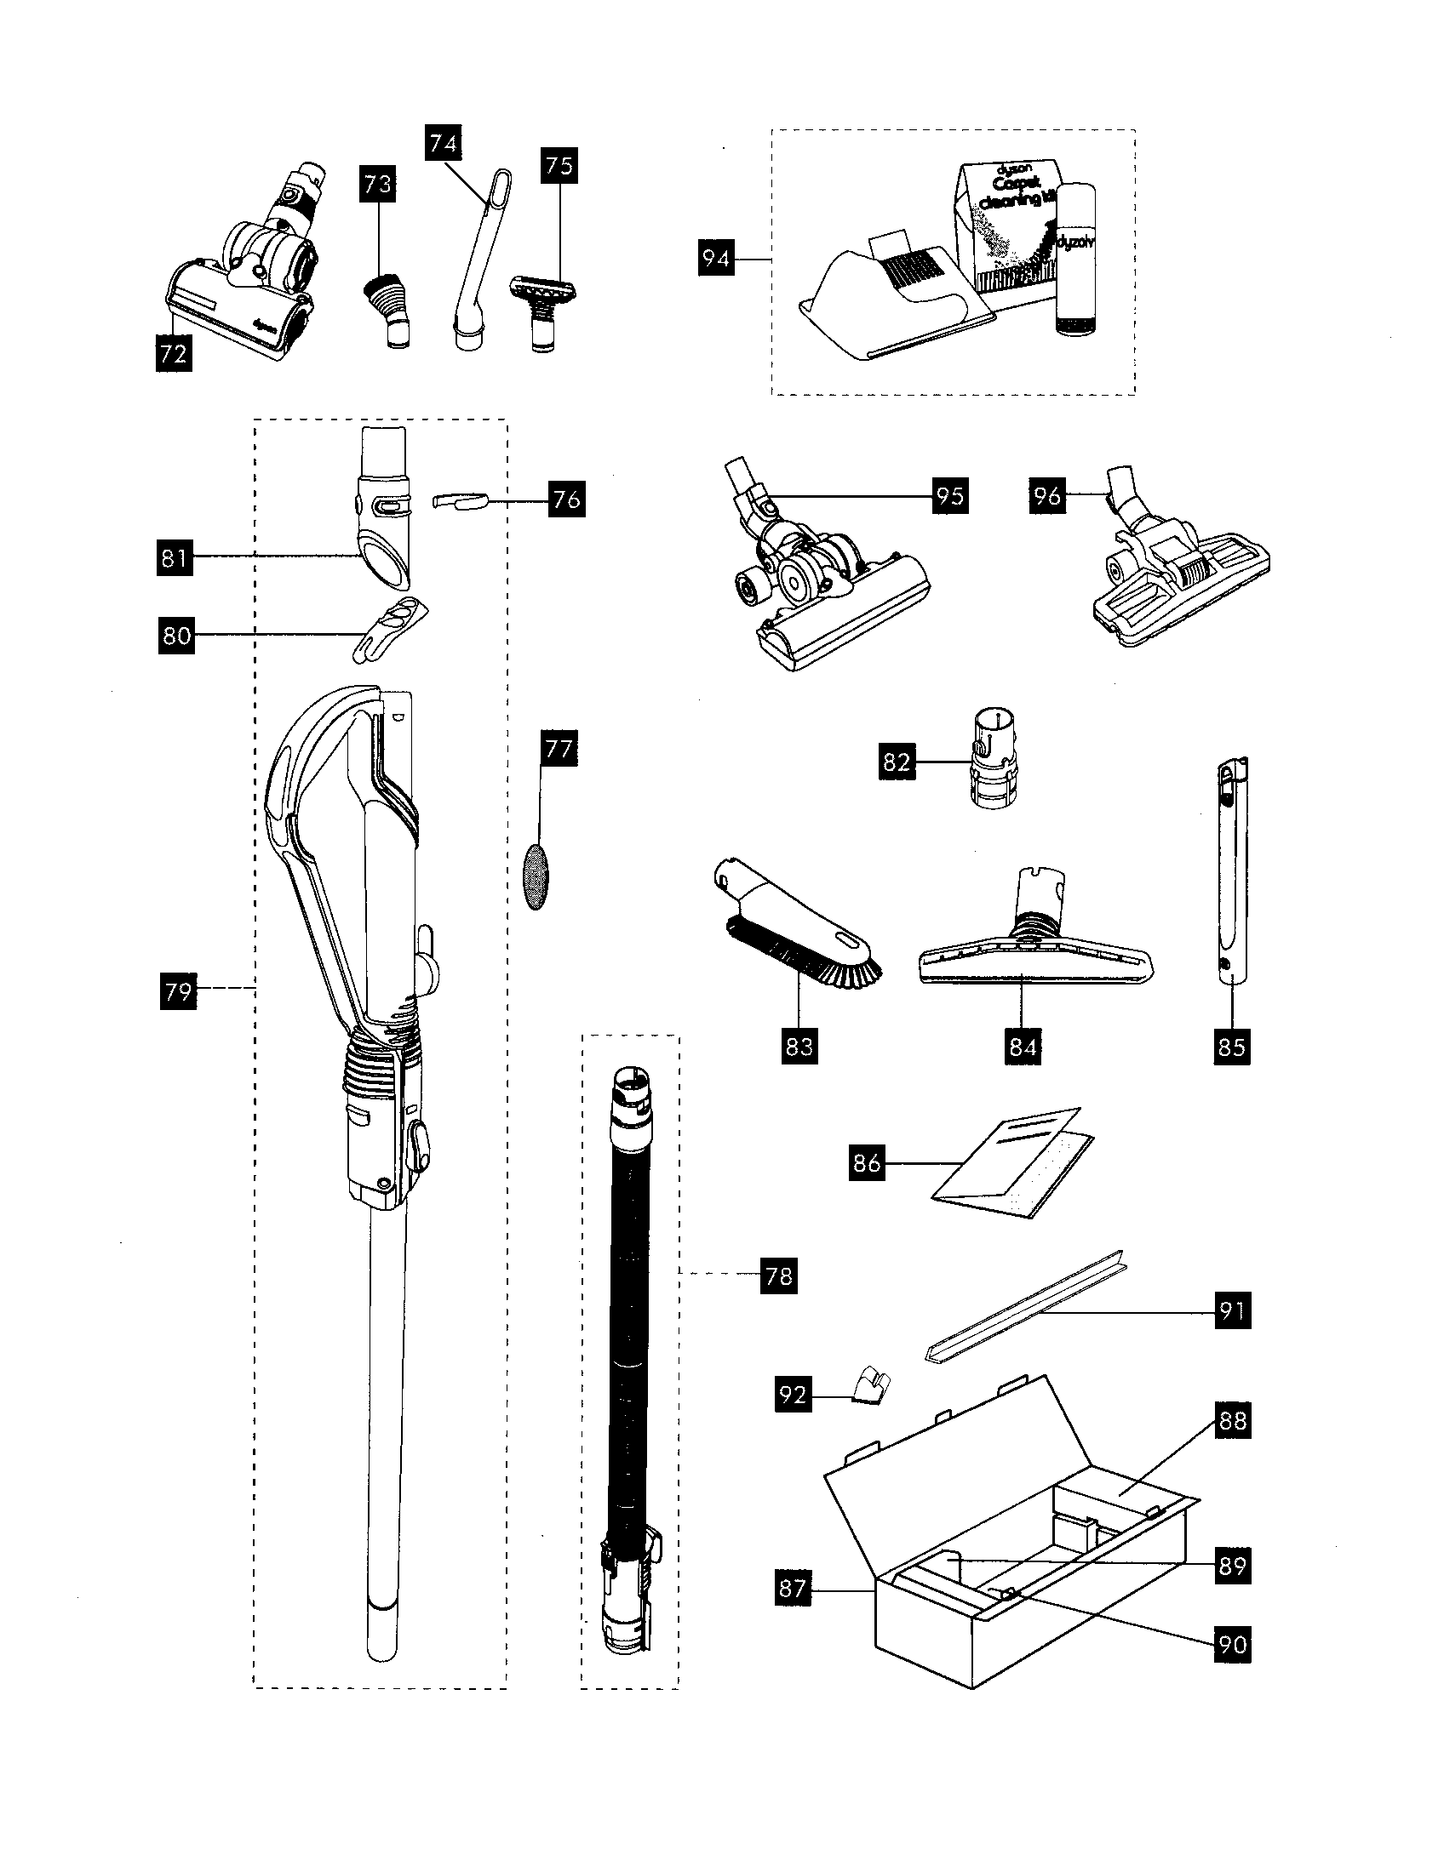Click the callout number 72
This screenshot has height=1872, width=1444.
pos(173,353)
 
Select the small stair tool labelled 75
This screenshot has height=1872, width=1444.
pos(542,300)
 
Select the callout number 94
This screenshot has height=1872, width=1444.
pos(715,258)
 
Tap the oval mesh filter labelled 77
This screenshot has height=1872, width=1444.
pos(536,874)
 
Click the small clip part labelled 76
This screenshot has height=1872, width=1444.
pos(460,500)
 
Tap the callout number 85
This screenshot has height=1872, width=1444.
pos(1231,1047)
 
